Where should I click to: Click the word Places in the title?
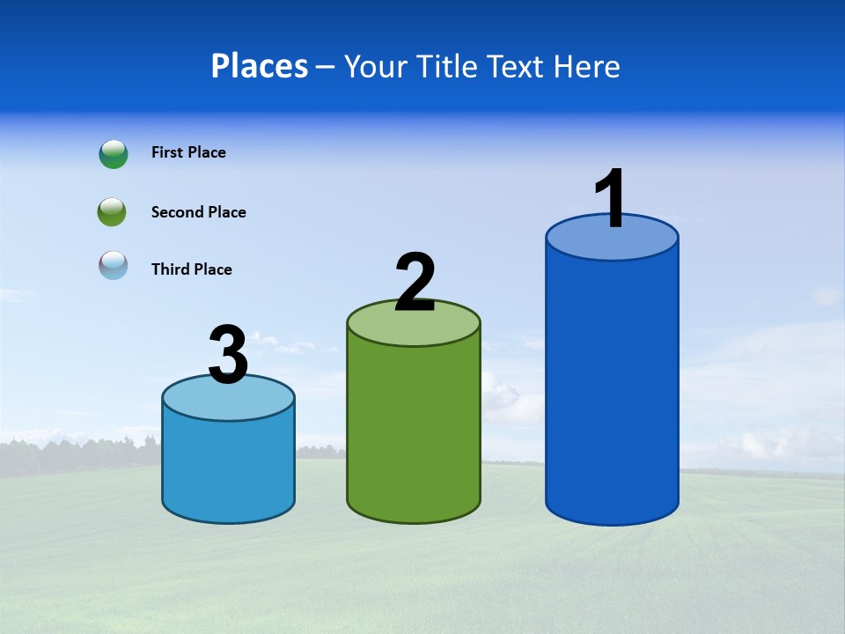(260, 66)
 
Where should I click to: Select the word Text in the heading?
(514, 66)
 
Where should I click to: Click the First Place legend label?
(188, 152)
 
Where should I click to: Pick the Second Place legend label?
(198, 212)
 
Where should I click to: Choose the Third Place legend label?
(191, 269)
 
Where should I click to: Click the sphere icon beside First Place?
(114, 154)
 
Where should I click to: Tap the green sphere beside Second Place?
(112, 212)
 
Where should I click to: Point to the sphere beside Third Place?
(114, 265)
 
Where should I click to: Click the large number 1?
(611, 199)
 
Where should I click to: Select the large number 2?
(415, 283)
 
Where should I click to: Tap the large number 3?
(228, 355)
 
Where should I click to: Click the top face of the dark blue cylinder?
(612, 242)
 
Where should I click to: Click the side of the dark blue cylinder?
(612, 387)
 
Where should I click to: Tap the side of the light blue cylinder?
(228, 467)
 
